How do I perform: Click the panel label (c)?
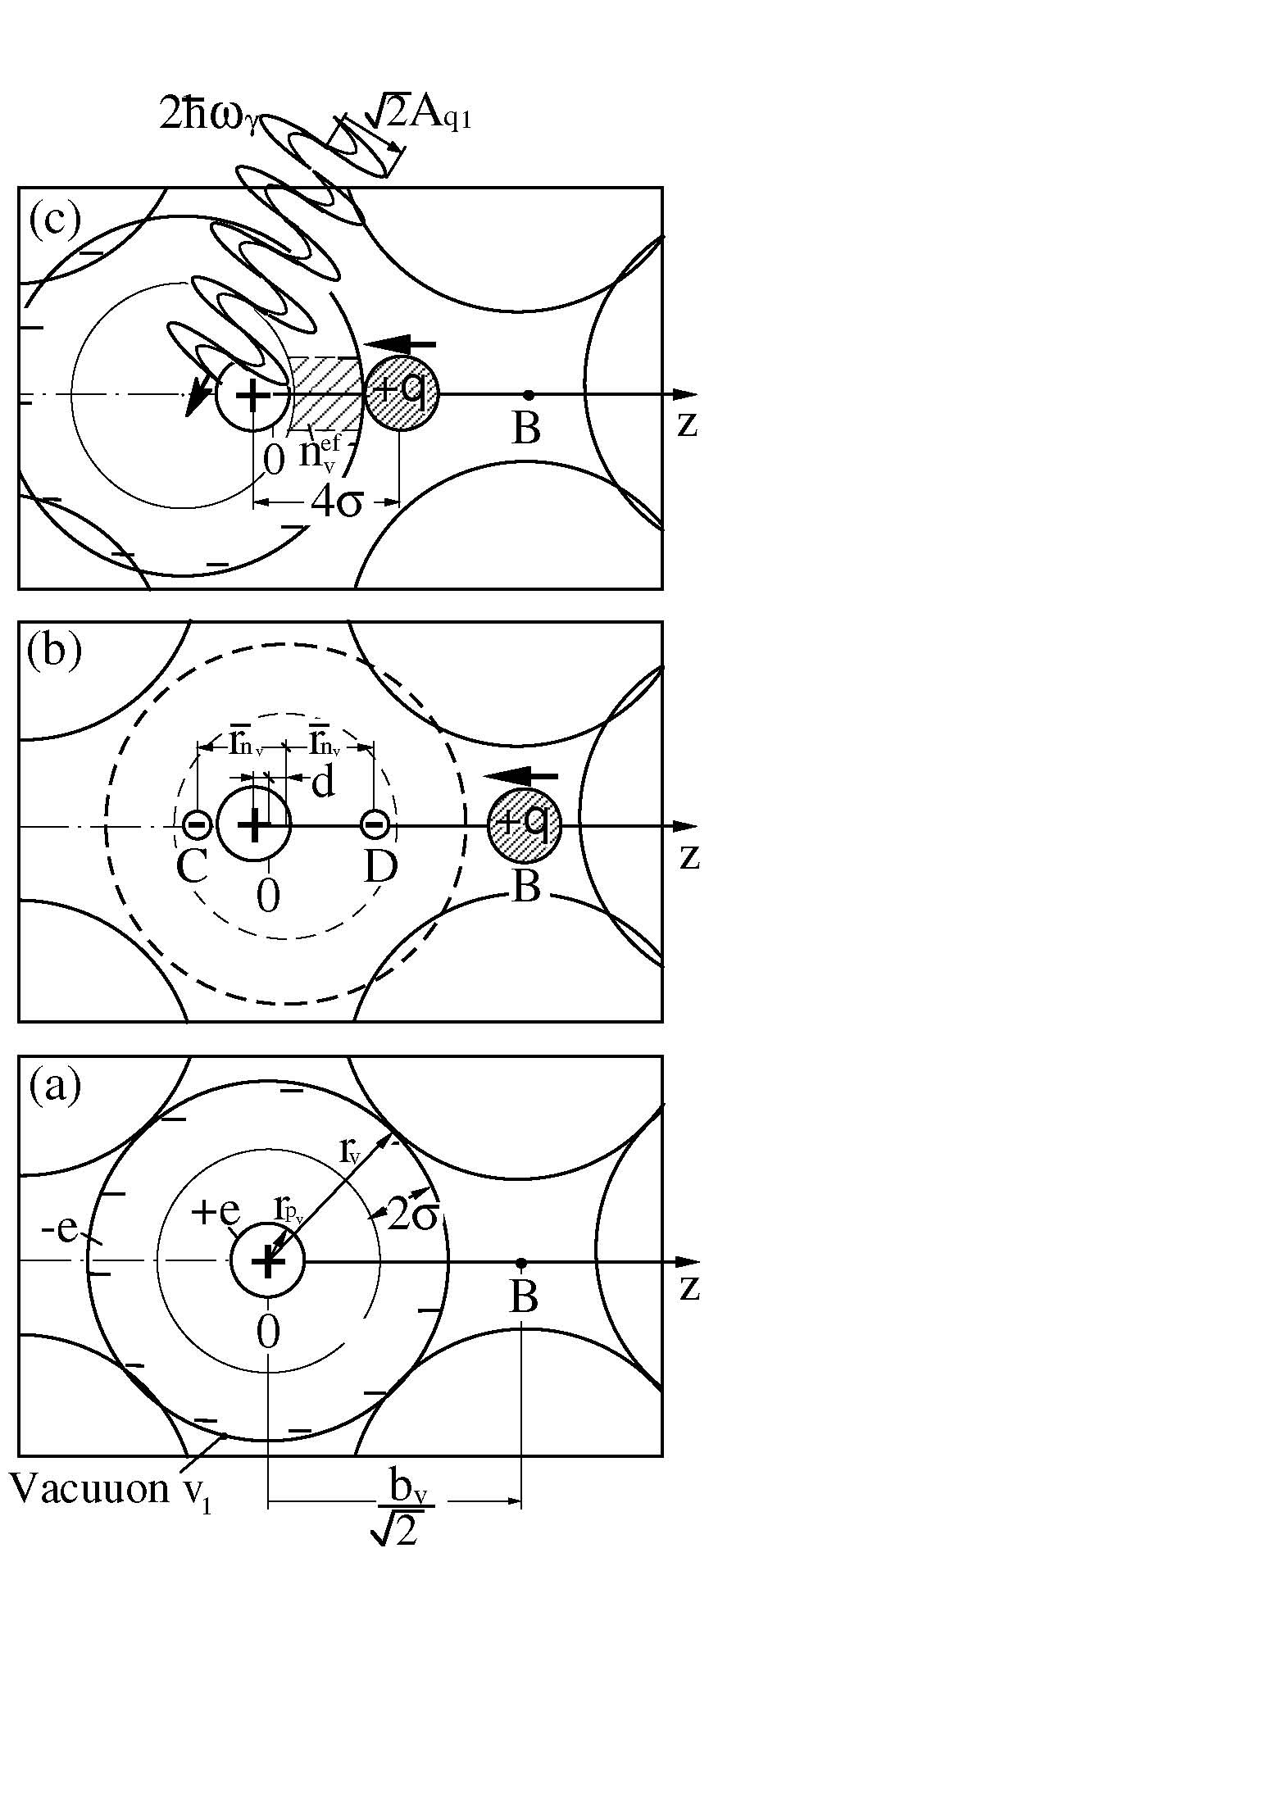(56, 220)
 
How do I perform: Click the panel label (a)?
(55, 1087)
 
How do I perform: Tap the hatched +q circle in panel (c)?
(402, 394)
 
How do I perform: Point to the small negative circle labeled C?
(197, 824)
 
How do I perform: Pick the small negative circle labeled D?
(375, 824)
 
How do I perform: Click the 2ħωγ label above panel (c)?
(211, 116)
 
